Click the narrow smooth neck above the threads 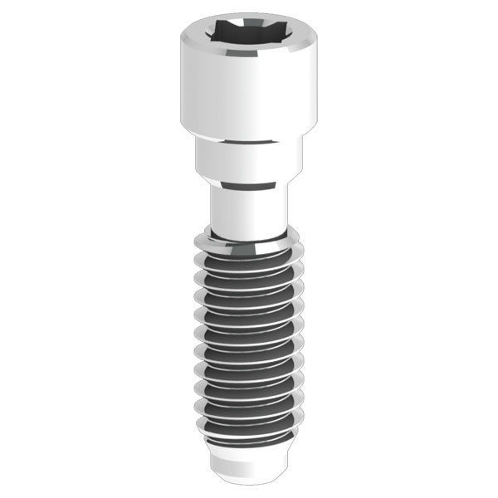coord(248,212)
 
